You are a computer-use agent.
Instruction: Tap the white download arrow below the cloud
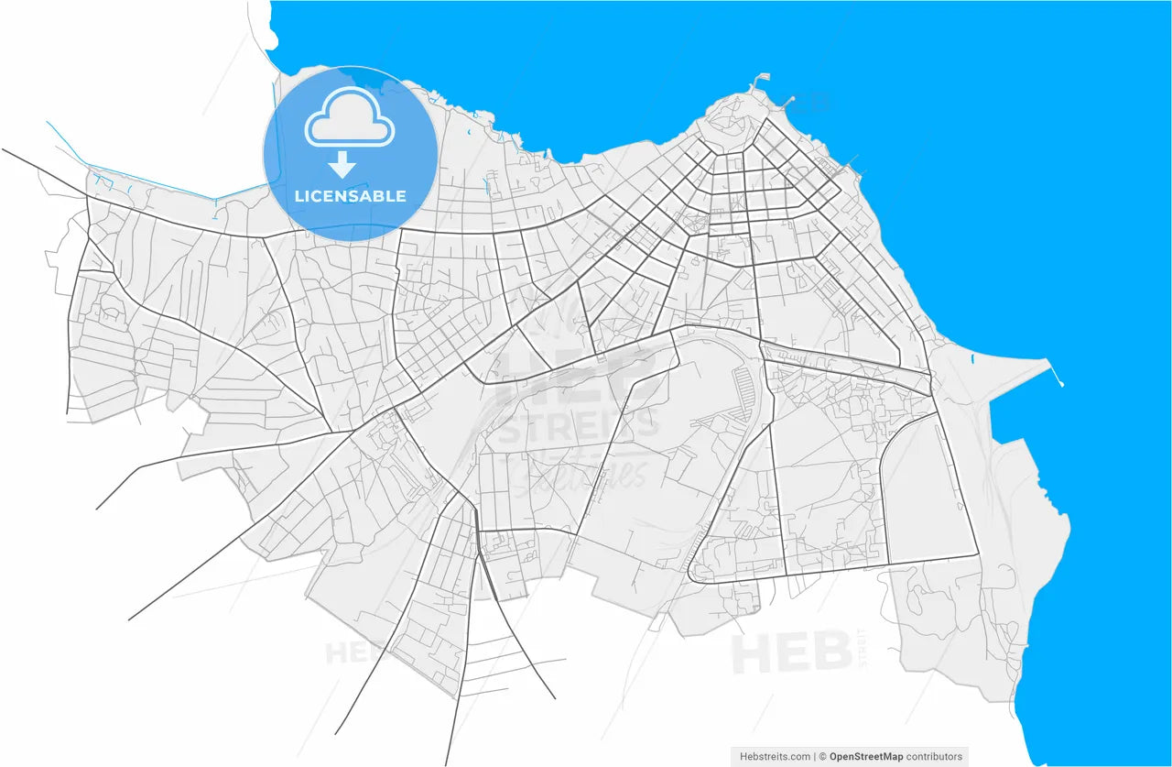pyautogui.click(x=342, y=165)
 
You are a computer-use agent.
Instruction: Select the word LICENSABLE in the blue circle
pyautogui.click(x=350, y=196)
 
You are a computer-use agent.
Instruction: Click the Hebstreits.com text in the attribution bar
pyautogui.click(x=774, y=757)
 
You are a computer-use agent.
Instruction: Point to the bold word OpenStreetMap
pyautogui.click(x=865, y=757)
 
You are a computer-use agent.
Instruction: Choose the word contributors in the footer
pyautogui.click(x=934, y=757)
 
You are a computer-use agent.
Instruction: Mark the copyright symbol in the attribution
pyautogui.click(x=823, y=757)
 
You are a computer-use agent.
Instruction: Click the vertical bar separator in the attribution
pyautogui.click(x=815, y=757)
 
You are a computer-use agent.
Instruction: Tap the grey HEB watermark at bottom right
pyautogui.click(x=793, y=653)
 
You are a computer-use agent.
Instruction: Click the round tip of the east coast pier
pyautogui.click(x=1061, y=383)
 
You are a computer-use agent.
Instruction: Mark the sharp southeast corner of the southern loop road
pyautogui.click(x=978, y=554)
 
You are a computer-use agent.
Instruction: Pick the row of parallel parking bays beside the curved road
pyautogui.click(x=743, y=389)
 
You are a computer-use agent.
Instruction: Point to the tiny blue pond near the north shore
pyautogui.click(x=469, y=135)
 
